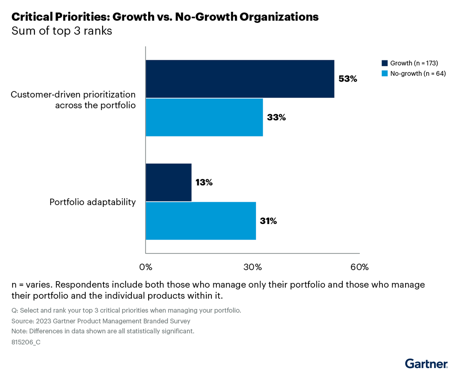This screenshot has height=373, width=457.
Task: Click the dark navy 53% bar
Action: point(240,79)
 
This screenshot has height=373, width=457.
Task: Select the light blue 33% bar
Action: point(204,117)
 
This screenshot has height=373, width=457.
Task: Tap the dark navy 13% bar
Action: point(168,182)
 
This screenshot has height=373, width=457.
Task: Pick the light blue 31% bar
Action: point(201,221)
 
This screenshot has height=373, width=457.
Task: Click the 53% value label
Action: point(348,79)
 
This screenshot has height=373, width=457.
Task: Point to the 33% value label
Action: point(276,117)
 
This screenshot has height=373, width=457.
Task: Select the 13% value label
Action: point(204,182)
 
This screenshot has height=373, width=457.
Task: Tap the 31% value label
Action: point(268,221)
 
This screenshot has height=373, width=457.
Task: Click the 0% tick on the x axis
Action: point(146,267)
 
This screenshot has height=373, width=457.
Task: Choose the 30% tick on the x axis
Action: point(252,267)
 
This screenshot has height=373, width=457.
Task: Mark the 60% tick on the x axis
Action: point(360,267)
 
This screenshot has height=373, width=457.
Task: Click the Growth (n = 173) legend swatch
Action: point(384,63)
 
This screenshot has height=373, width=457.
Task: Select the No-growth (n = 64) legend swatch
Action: point(384,74)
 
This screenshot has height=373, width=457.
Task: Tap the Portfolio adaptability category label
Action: point(93,202)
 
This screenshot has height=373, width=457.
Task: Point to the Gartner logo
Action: point(426,363)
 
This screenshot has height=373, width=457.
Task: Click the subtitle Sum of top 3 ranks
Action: point(62,31)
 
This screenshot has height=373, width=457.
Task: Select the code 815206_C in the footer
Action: point(26,342)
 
